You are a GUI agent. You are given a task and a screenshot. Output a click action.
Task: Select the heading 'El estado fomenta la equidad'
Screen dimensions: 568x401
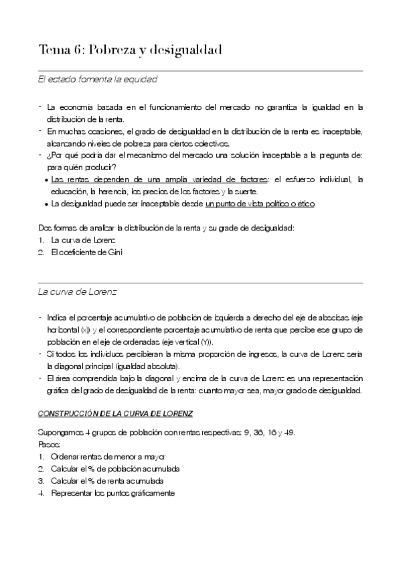point(97,80)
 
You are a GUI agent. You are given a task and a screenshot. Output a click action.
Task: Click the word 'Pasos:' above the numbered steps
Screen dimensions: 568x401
point(50,444)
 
